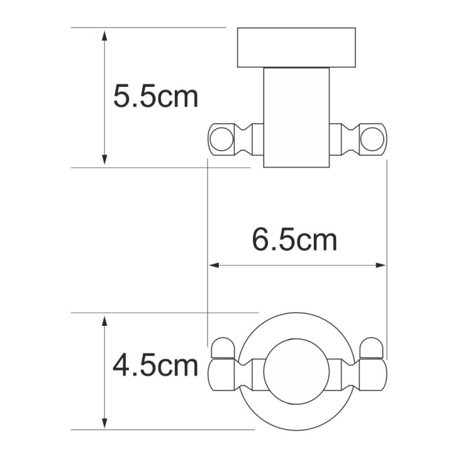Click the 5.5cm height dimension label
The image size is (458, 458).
[155, 97]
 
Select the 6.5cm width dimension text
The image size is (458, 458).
[295, 240]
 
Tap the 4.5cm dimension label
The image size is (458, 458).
[155, 365]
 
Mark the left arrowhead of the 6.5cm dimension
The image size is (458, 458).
[213, 266]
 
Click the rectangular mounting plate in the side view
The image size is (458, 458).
[297, 48]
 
